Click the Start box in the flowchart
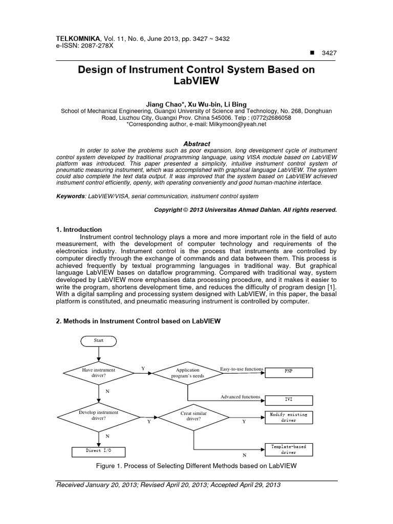pos(98,341)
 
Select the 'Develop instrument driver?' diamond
pos(99,415)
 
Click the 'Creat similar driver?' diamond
pos(193,416)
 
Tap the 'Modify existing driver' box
pos(289,418)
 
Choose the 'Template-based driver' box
pos(289,450)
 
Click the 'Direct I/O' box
pos(98,451)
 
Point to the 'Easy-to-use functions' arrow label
pos(242,369)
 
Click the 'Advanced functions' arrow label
pos(241,397)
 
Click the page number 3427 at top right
pos(327,53)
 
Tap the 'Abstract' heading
pos(196,144)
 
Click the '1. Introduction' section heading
pos(79,229)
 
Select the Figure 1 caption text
pos(196,466)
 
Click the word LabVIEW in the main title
pos(196,81)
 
